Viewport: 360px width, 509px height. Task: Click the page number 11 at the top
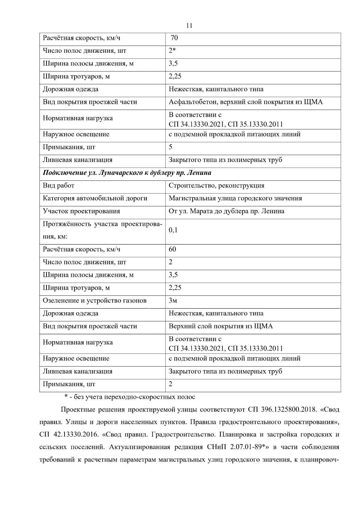(189, 26)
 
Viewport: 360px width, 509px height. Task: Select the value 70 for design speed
(174, 38)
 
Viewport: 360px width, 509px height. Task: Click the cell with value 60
(172, 249)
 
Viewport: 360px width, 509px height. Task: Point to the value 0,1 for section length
(173, 230)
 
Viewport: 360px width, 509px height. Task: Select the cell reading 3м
(173, 301)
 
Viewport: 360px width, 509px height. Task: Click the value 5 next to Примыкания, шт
(170, 147)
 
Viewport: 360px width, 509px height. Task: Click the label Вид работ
(58, 185)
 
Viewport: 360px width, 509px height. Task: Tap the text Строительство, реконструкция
(216, 185)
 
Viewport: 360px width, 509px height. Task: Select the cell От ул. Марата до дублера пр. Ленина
(226, 211)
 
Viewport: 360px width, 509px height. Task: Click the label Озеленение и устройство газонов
(94, 301)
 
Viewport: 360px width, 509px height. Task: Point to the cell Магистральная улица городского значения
(235, 198)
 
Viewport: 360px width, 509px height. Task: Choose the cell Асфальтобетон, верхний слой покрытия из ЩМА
(245, 102)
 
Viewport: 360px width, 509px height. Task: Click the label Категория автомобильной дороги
(95, 198)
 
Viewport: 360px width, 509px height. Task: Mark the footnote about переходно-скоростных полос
(130, 397)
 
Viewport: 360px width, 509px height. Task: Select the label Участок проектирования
(81, 211)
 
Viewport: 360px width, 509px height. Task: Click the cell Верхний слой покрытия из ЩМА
(220, 326)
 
